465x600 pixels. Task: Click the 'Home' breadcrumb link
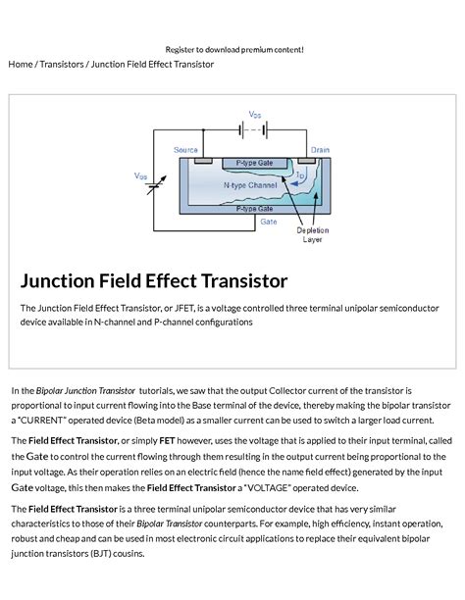[x=20, y=65]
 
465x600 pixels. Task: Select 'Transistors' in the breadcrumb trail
[x=61, y=65]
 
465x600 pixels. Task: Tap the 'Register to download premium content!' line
[x=234, y=49]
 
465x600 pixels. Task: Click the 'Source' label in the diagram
[x=185, y=150]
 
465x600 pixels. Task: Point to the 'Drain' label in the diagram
[x=320, y=150]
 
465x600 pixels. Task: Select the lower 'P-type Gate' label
[x=254, y=209]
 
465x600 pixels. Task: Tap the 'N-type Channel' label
[x=249, y=184]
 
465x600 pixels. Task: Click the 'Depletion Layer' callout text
[x=312, y=235]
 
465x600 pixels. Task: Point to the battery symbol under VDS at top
[x=254, y=127]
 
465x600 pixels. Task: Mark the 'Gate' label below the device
[x=268, y=222]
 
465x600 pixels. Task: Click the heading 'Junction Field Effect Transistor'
[x=154, y=281]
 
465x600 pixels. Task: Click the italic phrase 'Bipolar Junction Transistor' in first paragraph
[x=85, y=390]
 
